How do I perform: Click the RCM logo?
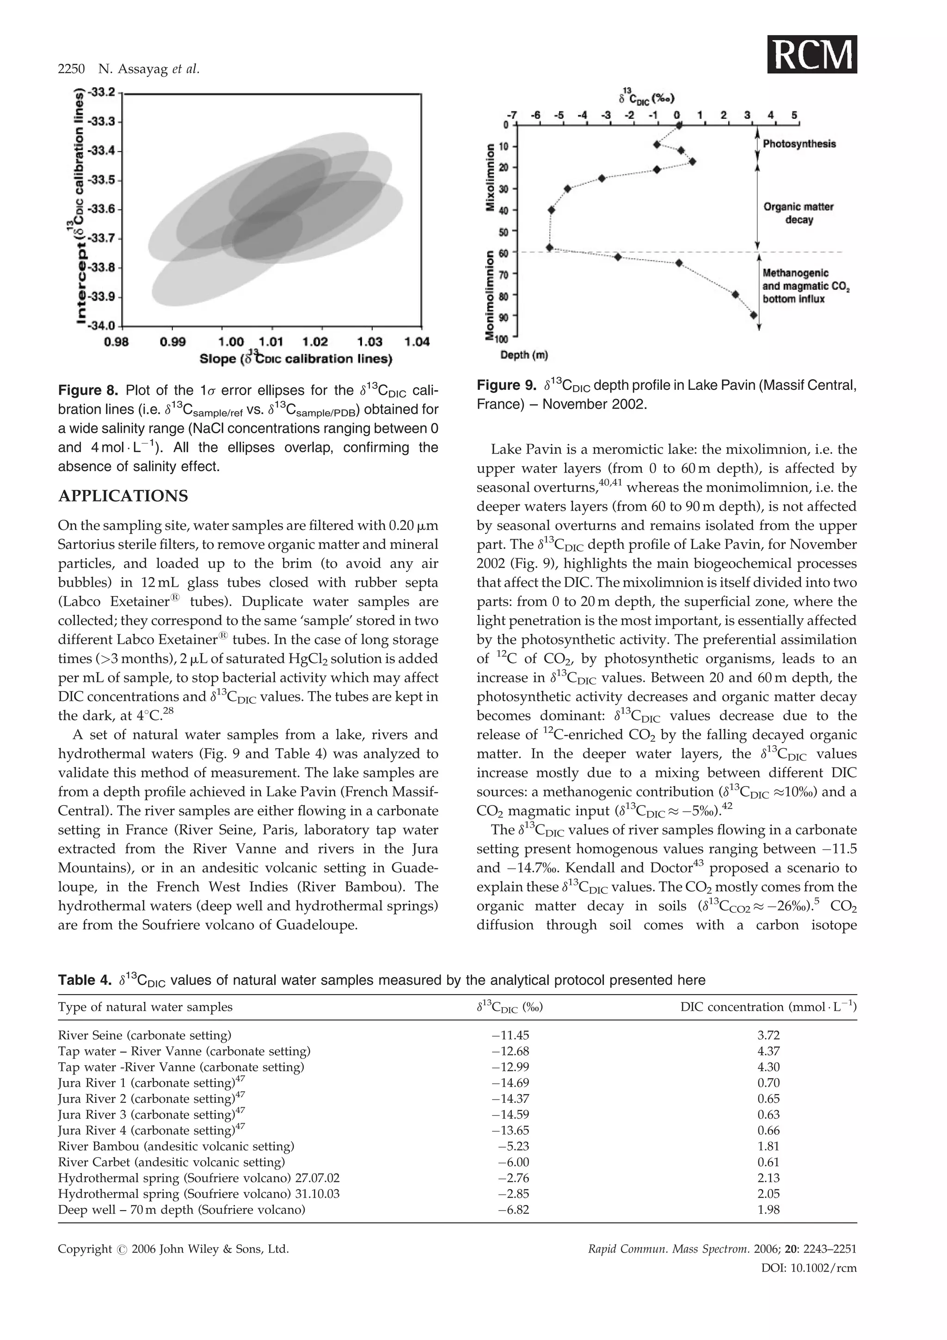click(x=812, y=54)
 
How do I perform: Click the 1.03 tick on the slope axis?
click(x=370, y=341)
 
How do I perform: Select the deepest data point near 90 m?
click(x=754, y=315)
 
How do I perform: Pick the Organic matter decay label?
click(x=798, y=213)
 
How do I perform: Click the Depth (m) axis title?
click(x=523, y=354)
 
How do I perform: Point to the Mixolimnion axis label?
click(x=491, y=178)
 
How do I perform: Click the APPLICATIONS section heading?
click(x=123, y=496)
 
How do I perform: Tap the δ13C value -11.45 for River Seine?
click(x=510, y=1035)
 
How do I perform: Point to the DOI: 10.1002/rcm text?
click(x=809, y=1268)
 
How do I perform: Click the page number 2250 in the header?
click(x=71, y=69)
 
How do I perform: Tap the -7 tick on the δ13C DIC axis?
click(x=513, y=116)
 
